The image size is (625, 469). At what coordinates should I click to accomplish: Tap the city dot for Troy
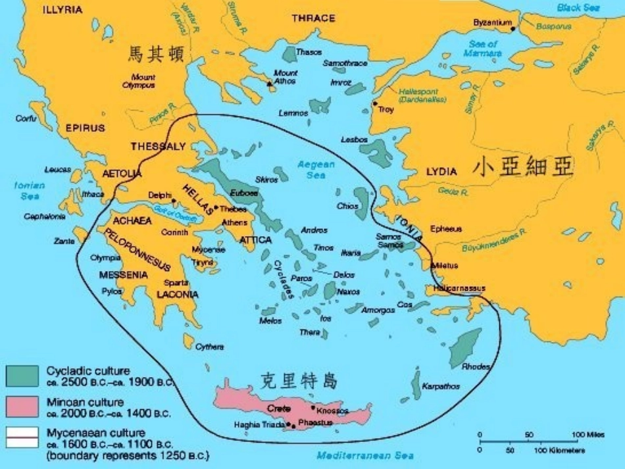tap(375, 103)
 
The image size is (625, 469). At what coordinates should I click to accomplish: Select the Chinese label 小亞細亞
tap(522, 168)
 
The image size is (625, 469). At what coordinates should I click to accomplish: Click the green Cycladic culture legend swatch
tap(22, 376)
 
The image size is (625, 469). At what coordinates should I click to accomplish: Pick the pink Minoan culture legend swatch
tap(22, 406)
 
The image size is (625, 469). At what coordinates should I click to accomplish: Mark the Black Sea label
tap(578, 8)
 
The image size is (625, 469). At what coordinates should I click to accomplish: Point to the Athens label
tap(235, 222)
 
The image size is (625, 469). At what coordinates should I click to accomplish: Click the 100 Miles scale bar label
tap(587, 435)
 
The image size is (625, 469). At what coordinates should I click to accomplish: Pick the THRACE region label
tap(313, 18)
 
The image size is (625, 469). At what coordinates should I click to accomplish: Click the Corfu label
tap(26, 118)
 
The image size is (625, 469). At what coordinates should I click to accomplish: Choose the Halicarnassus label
tap(459, 288)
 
